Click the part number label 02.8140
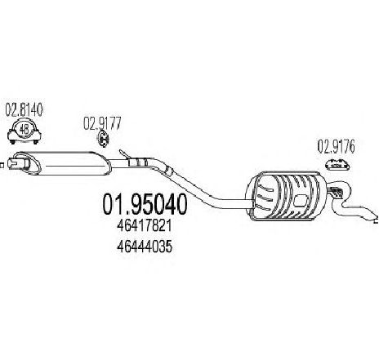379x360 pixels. tap(25, 110)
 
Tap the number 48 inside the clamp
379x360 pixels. tap(25, 129)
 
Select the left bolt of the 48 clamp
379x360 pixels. tap(12, 141)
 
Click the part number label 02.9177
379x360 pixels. tap(102, 123)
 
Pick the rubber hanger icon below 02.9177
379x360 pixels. tap(103, 139)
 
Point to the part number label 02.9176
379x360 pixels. tap(337, 147)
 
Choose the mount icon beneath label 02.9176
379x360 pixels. tap(337, 165)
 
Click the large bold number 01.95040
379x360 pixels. tap(145, 204)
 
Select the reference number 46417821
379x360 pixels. tap(145, 226)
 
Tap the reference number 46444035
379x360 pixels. tap(145, 247)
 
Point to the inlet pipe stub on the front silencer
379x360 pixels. tap(18, 163)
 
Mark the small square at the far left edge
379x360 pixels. tap(2, 165)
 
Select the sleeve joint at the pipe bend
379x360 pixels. tap(168, 171)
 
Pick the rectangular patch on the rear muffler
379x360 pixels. tap(299, 201)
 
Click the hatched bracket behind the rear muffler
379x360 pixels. tap(337, 192)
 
